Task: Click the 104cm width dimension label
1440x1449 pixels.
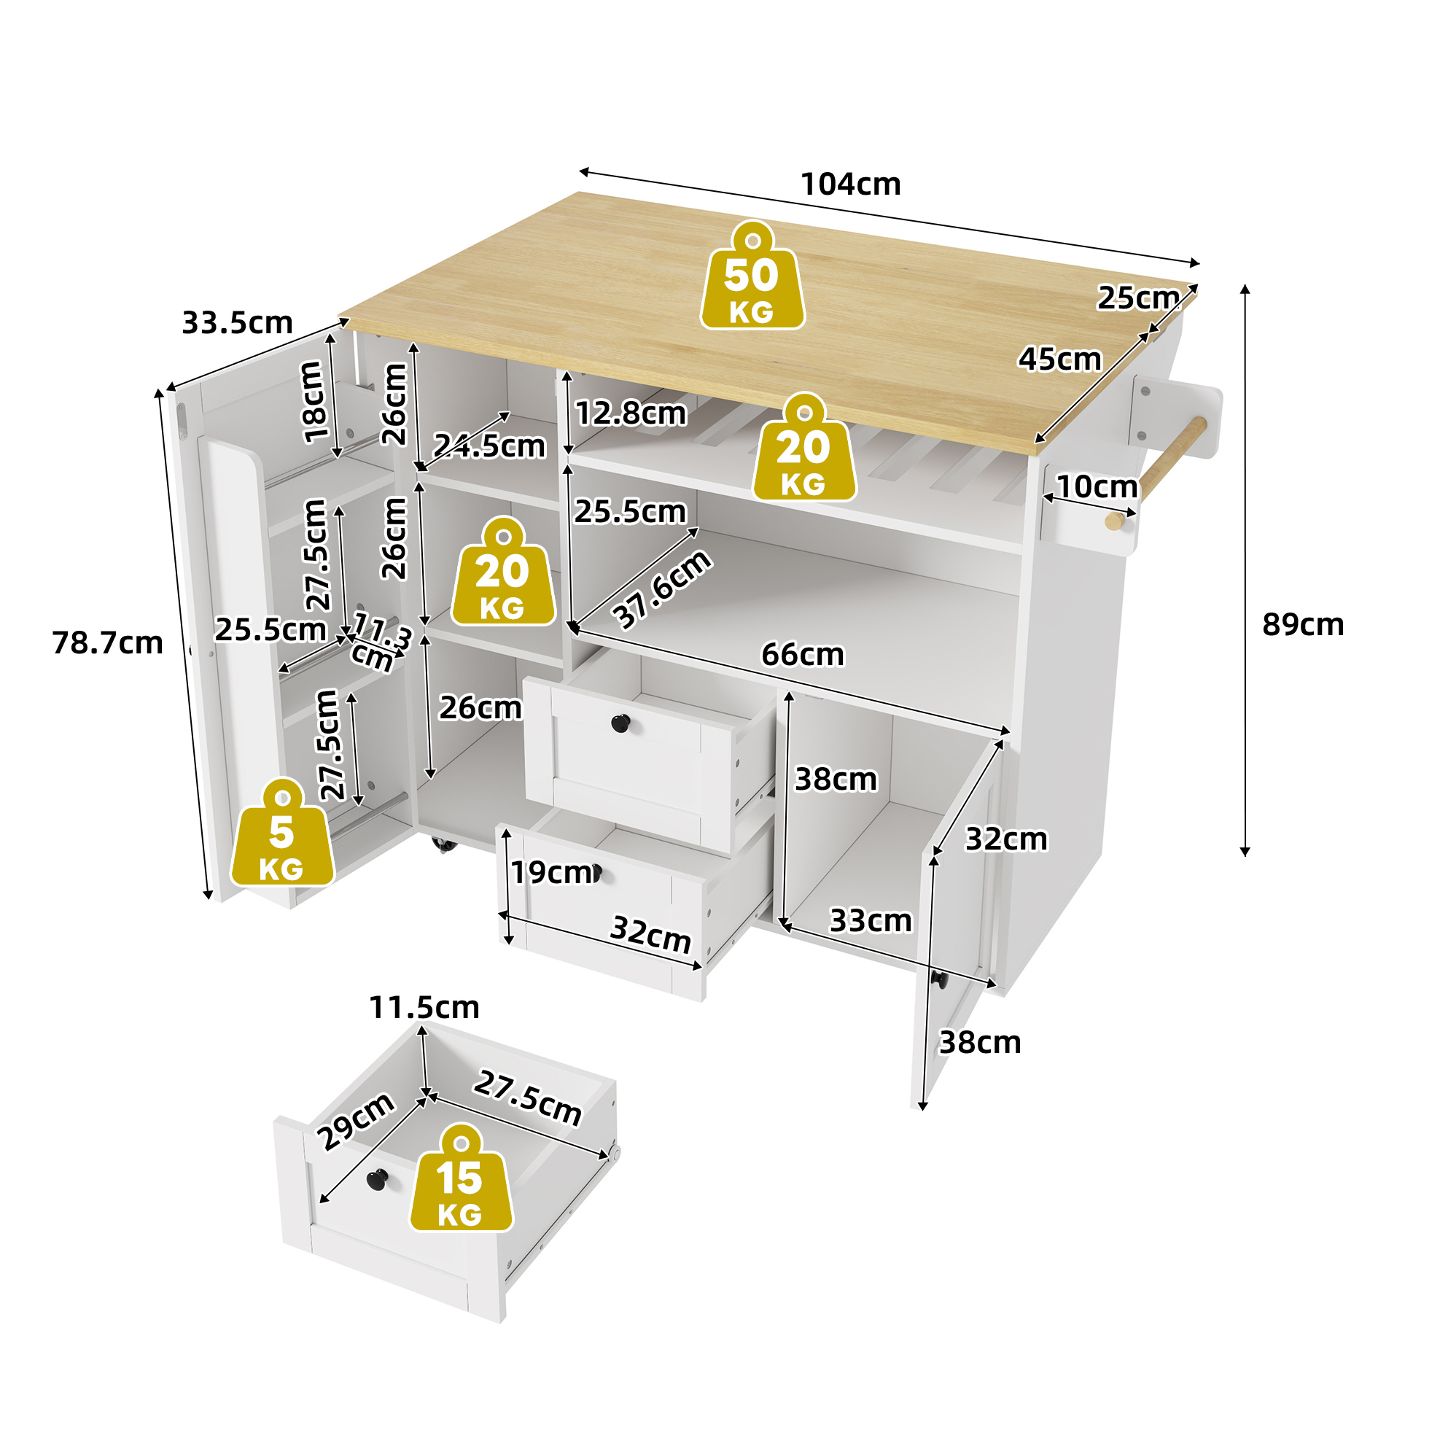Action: pyautogui.click(x=850, y=184)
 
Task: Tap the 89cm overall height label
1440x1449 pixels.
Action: pyautogui.click(x=1303, y=625)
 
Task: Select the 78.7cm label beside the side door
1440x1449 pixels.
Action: pyautogui.click(x=107, y=642)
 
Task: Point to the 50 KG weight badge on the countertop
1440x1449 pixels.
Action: pyautogui.click(x=752, y=275)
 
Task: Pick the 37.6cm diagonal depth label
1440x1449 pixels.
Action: pyautogui.click(x=661, y=588)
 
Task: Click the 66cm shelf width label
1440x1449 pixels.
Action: pyautogui.click(x=803, y=655)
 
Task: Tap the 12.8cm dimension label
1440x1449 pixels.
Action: pyautogui.click(x=631, y=413)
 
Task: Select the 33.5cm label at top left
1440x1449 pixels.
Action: pyautogui.click(x=237, y=323)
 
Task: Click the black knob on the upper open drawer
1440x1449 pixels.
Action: pyautogui.click(x=620, y=723)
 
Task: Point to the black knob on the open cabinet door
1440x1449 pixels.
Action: pyautogui.click(x=939, y=979)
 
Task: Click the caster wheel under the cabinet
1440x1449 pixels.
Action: pyautogui.click(x=444, y=844)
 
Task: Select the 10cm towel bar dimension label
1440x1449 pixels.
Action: pyautogui.click(x=1097, y=486)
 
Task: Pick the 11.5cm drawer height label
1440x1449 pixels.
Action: pyautogui.click(x=424, y=1007)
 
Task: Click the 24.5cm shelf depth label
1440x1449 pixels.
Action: pyautogui.click(x=489, y=446)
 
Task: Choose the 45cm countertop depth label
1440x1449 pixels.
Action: pyautogui.click(x=1059, y=360)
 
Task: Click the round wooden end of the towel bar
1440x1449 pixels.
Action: pyautogui.click(x=1115, y=521)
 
